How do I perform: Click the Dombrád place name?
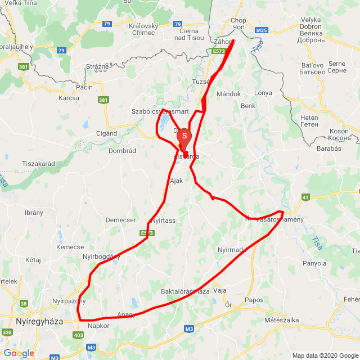tap(123, 151)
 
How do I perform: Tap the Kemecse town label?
tap(70, 247)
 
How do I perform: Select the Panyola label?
tap(314, 263)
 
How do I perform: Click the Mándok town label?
tap(228, 94)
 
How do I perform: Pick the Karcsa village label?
tap(69, 98)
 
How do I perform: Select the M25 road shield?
tap(262, 30)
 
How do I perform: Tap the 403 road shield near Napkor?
tap(79, 335)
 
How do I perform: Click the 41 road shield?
tap(305, 197)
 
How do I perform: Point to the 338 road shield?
tap(7, 332)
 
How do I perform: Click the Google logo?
tap(19, 353)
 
